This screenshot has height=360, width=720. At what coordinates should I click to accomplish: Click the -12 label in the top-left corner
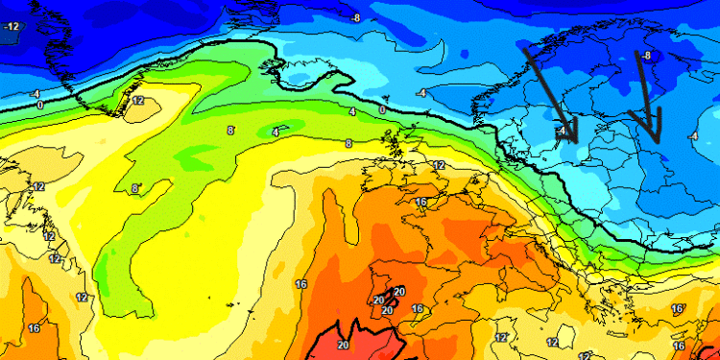click(x=12, y=27)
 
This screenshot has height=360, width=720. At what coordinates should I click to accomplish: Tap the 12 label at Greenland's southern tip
click(x=138, y=100)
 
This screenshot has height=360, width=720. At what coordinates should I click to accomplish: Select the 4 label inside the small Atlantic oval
click(x=276, y=132)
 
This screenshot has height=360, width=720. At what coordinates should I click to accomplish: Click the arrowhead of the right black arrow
click(x=656, y=139)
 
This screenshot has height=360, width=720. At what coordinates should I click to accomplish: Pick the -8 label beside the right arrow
click(x=647, y=56)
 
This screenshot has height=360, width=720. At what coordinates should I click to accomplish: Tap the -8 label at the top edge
click(x=356, y=18)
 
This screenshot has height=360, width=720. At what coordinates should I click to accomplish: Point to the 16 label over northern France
click(x=420, y=202)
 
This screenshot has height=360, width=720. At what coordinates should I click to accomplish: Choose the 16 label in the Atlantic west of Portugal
click(x=300, y=284)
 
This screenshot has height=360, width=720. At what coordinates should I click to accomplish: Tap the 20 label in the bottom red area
click(x=343, y=345)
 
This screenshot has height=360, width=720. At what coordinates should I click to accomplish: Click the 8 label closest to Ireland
click(x=348, y=144)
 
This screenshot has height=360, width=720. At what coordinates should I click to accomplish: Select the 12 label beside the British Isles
click(x=439, y=165)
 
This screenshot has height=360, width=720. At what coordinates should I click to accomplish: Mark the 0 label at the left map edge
click(x=39, y=104)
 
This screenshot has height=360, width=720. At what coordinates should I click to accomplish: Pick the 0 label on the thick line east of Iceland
click(x=381, y=110)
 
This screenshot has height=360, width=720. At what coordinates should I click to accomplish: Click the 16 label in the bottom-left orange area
click(x=35, y=328)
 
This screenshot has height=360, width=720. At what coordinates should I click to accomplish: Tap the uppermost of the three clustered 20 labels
click(x=399, y=292)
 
